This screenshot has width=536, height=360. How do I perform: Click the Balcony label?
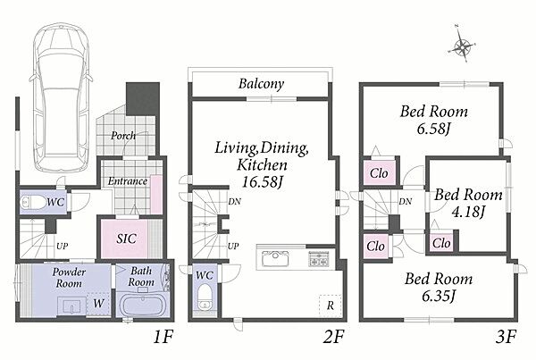(x=261, y=84)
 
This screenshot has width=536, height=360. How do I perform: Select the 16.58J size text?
(x=263, y=181)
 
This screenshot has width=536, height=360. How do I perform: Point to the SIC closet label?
(x=127, y=239)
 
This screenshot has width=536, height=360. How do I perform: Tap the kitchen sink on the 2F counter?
(x=275, y=258)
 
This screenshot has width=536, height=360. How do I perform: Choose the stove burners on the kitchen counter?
(x=319, y=259)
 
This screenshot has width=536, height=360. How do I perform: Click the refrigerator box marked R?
(x=331, y=306)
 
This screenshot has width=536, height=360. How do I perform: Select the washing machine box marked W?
(x=98, y=304)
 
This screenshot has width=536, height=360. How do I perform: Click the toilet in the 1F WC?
(x=34, y=203)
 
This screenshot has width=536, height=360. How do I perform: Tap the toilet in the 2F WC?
(x=205, y=297)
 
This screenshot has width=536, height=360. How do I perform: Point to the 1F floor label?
(x=163, y=337)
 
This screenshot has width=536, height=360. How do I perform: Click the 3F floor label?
(x=506, y=337)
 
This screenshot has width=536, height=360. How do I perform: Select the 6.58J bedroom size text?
(x=432, y=129)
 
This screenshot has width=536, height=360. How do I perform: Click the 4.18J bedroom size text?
(x=468, y=212)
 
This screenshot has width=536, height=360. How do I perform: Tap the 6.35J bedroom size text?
(x=439, y=296)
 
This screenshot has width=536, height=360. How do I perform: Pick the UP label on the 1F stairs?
(x=62, y=246)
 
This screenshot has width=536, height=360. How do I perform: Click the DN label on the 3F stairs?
(x=406, y=202)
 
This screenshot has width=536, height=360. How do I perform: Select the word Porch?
(x=123, y=136)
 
